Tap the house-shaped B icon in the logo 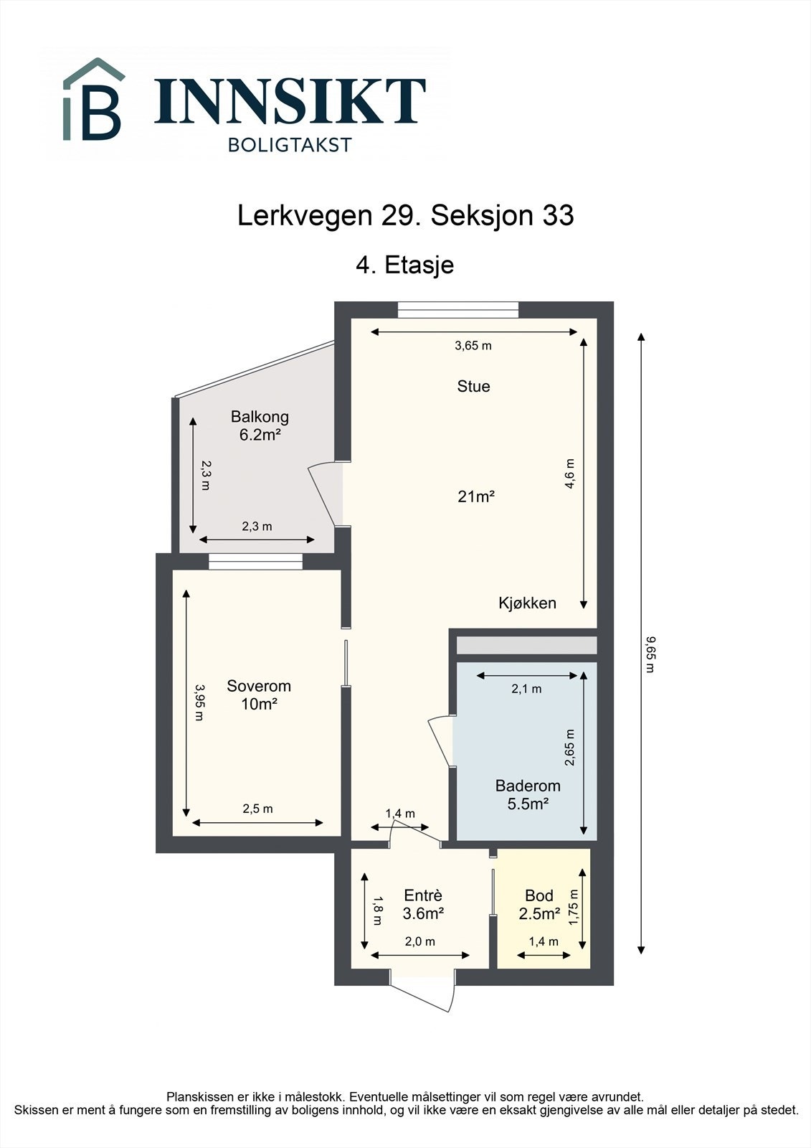(94, 100)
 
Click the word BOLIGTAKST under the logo (290, 145)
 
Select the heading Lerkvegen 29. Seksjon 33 (405, 216)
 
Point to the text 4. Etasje (405, 265)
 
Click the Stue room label (473, 386)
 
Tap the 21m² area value (476, 496)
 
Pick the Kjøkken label (527, 603)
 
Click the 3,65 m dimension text (473, 345)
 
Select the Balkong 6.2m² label (260, 425)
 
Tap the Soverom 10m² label (259, 695)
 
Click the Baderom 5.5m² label (528, 794)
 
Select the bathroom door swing (440, 742)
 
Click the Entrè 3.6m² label (423, 904)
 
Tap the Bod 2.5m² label (539, 904)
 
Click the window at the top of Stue (458, 310)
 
